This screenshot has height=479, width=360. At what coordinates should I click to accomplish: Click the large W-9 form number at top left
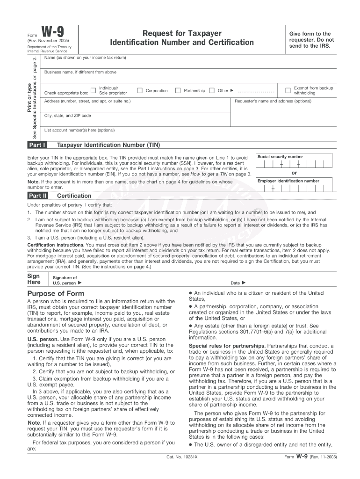[53, 33]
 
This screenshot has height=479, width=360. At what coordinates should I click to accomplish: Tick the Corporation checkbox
[139, 90]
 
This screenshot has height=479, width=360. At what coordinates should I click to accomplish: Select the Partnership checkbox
[178, 90]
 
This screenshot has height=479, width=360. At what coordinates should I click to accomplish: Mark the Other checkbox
[212, 90]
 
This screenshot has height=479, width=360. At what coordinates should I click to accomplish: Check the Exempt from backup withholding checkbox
[288, 90]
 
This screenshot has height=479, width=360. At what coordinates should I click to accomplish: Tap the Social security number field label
[280, 157]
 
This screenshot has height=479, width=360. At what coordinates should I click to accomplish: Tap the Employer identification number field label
[288, 181]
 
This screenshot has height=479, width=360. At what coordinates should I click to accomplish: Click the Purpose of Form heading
[56, 293]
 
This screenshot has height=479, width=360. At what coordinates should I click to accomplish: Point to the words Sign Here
[34, 279]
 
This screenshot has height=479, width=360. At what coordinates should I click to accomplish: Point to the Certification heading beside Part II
[74, 196]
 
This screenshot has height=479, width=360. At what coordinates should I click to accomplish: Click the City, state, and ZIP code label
[67, 116]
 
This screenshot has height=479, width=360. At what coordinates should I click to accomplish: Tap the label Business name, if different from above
[80, 72]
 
